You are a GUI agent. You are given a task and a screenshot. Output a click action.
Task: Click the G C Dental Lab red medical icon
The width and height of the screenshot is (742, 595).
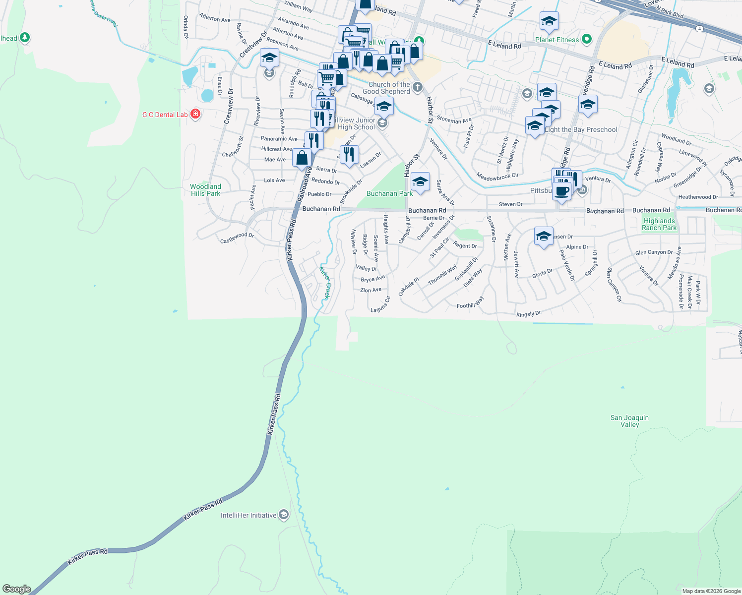pos(195,115)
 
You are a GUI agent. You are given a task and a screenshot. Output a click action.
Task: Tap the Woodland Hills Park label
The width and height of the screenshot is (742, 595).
pos(205,190)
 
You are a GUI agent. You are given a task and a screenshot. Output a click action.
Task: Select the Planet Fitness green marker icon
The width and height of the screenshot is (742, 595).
pos(587,39)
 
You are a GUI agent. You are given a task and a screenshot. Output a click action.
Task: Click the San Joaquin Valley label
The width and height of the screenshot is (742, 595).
pos(629,421)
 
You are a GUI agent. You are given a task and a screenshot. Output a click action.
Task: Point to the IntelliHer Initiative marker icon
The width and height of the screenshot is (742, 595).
pos(284,515)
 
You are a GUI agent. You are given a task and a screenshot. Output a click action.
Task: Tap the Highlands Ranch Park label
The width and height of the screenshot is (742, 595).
pos(659,224)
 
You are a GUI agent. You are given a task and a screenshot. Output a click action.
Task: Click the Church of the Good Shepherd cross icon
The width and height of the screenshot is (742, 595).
pos(418,88)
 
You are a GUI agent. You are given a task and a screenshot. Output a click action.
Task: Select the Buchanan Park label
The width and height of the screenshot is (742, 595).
pos(389,193)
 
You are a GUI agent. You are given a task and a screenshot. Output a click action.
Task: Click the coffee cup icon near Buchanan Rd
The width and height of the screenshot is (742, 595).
pos(562,191)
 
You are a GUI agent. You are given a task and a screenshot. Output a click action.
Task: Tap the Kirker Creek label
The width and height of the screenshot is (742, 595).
pos(324,283)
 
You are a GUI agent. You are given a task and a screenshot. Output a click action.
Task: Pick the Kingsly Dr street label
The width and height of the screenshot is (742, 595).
pos(528,314)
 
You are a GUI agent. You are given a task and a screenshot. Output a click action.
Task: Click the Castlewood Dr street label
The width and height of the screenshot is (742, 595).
pos(237,238)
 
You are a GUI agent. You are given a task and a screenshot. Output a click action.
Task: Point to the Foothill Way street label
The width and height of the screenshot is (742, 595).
pos(470,303)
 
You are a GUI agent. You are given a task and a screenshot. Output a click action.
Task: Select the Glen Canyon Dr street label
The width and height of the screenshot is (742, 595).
pos(654,252)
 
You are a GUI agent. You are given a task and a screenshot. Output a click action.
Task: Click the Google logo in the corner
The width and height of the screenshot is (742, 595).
pos(17,589)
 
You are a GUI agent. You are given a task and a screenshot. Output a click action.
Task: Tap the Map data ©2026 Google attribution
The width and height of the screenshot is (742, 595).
pos(711,591)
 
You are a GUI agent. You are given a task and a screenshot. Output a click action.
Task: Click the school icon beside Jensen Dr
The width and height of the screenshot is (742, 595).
pos(544,236)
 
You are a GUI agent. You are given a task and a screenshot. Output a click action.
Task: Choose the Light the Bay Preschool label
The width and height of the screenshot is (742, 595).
pos(581,129)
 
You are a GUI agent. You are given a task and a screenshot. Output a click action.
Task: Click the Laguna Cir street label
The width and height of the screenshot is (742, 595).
pos(380,304)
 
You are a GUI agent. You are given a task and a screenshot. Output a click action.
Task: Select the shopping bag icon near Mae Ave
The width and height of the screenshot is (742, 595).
pos(302,158)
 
